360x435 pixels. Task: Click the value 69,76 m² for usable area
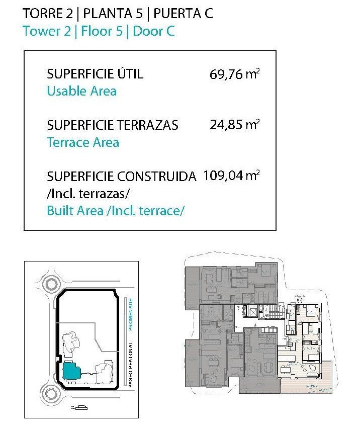point(234,75)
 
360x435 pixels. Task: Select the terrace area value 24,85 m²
point(234,125)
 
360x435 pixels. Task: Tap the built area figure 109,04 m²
point(231,176)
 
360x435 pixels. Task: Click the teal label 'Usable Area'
point(81,91)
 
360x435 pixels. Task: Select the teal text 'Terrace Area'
point(83,142)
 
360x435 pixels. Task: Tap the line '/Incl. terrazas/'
point(81,193)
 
